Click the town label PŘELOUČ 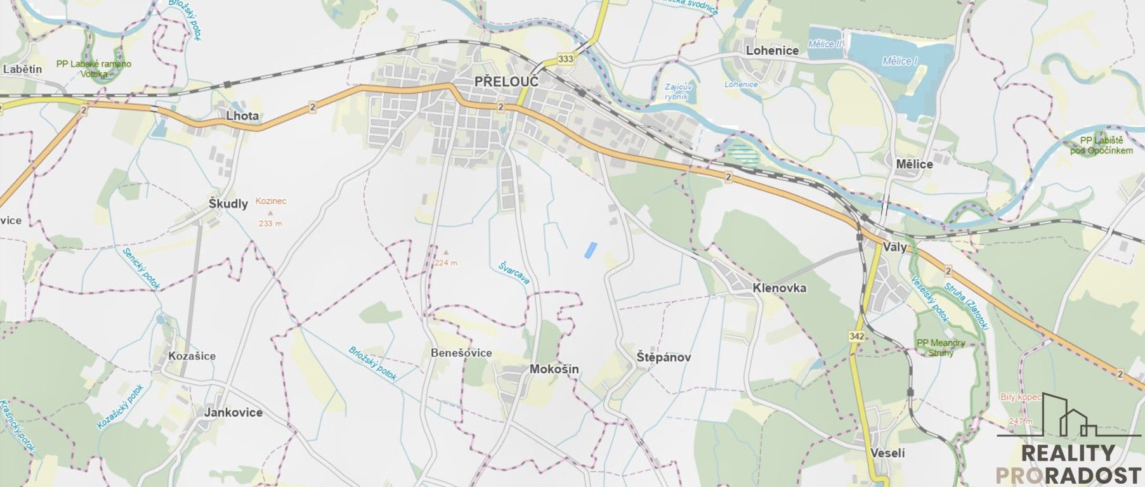(506, 81)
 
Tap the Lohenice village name (772, 50)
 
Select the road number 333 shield (566, 59)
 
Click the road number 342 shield (857, 337)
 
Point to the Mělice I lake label (900, 61)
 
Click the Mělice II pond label (825, 44)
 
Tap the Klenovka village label (779, 288)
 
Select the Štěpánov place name (664, 357)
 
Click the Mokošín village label (554, 369)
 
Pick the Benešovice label (461, 353)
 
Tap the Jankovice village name (233, 412)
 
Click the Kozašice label (192, 356)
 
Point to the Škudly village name (228, 204)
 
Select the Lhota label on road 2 (242, 116)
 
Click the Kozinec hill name (271, 201)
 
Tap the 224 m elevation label (445, 263)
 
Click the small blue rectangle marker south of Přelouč (590, 250)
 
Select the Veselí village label (888, 453)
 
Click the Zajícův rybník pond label (677, 92)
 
